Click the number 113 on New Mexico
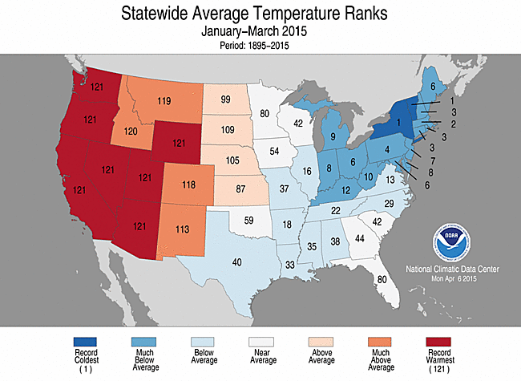pos(182,229)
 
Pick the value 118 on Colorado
pos(189,185)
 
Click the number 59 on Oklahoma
pos(248,219)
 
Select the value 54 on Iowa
pos(275,152)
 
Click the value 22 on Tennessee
pos(337,210)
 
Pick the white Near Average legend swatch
pos(260,341)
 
